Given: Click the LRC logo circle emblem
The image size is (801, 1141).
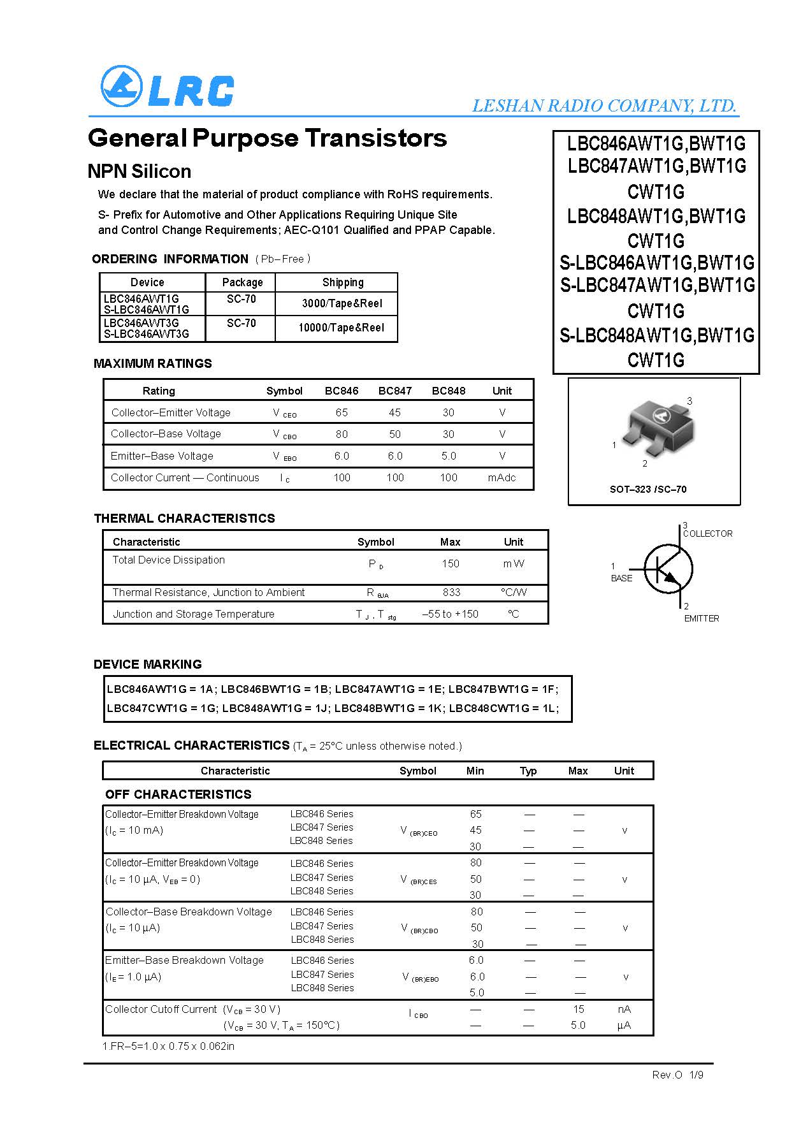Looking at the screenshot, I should coord(121,87).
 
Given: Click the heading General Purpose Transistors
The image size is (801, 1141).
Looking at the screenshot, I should coord(267,138).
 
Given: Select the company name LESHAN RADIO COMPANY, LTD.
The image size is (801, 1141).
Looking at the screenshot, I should coord(604,106).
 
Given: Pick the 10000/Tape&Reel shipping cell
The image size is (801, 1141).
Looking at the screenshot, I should coord(341,328).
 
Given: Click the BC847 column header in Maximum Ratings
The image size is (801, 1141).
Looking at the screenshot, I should coord(394,391).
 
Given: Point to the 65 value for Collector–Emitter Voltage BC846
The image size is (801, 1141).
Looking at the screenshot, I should coord(342,412).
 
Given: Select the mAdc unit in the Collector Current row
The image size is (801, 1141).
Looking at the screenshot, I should coord(502,477).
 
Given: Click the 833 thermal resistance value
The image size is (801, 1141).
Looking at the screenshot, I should coord(451,592).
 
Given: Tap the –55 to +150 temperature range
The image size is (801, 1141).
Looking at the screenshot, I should coord(450,614).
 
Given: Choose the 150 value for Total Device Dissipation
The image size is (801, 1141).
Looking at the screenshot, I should coord(450,563).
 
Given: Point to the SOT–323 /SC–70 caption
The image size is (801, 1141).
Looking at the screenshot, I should coord(648,490).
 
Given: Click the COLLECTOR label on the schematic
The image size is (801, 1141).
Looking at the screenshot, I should coord(707,534).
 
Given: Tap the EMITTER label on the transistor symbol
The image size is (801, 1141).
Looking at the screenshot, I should coord(701,618).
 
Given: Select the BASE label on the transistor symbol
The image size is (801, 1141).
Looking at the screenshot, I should coord(621,578).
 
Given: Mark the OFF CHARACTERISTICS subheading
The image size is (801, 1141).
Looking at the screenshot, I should coord(178,794).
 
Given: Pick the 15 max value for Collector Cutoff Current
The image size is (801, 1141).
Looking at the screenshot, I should coord(578,1009).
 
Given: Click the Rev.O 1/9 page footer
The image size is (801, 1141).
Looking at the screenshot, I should coord(677,1075).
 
